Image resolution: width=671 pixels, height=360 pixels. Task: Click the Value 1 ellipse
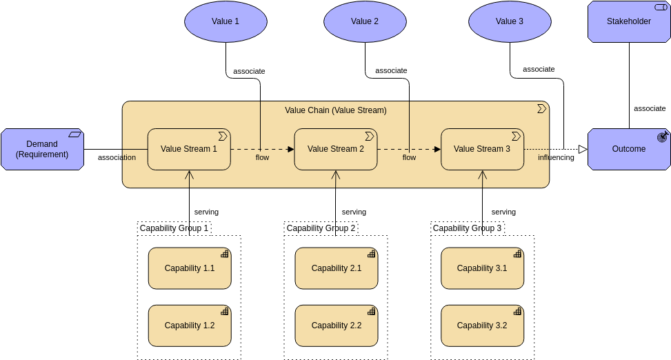[226, 21]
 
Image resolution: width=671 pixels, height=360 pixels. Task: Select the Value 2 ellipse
[365, 21]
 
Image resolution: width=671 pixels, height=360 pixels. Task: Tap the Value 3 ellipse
[510, 21]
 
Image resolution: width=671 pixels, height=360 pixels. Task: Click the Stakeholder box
[628, 21]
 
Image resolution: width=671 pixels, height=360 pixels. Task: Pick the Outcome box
[628, 149]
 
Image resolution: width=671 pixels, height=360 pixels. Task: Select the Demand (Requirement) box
[42, 149]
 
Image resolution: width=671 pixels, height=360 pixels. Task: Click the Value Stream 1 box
[189, 149]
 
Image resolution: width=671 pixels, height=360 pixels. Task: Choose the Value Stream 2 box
[336, 149]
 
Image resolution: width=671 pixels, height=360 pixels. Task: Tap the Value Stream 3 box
[482, 149]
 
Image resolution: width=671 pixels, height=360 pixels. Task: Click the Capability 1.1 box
[190, 268]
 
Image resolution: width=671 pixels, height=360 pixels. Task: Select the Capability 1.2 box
[190, 326]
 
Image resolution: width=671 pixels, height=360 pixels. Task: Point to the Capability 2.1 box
[336, 268]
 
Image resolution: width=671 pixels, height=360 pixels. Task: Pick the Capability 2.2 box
[336, 326]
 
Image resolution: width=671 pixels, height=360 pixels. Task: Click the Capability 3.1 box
[482, 268]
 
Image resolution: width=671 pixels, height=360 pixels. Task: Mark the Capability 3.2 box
[482, 326]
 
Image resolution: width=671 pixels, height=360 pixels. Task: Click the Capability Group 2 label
[321, 228]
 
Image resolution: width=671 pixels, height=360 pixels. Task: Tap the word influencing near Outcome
[556, 158]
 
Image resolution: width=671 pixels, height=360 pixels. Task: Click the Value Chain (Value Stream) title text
[336, 110]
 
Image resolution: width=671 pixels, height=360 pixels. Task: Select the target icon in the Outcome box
[662, 137]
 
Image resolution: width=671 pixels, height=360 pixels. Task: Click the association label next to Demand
[117, 158]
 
